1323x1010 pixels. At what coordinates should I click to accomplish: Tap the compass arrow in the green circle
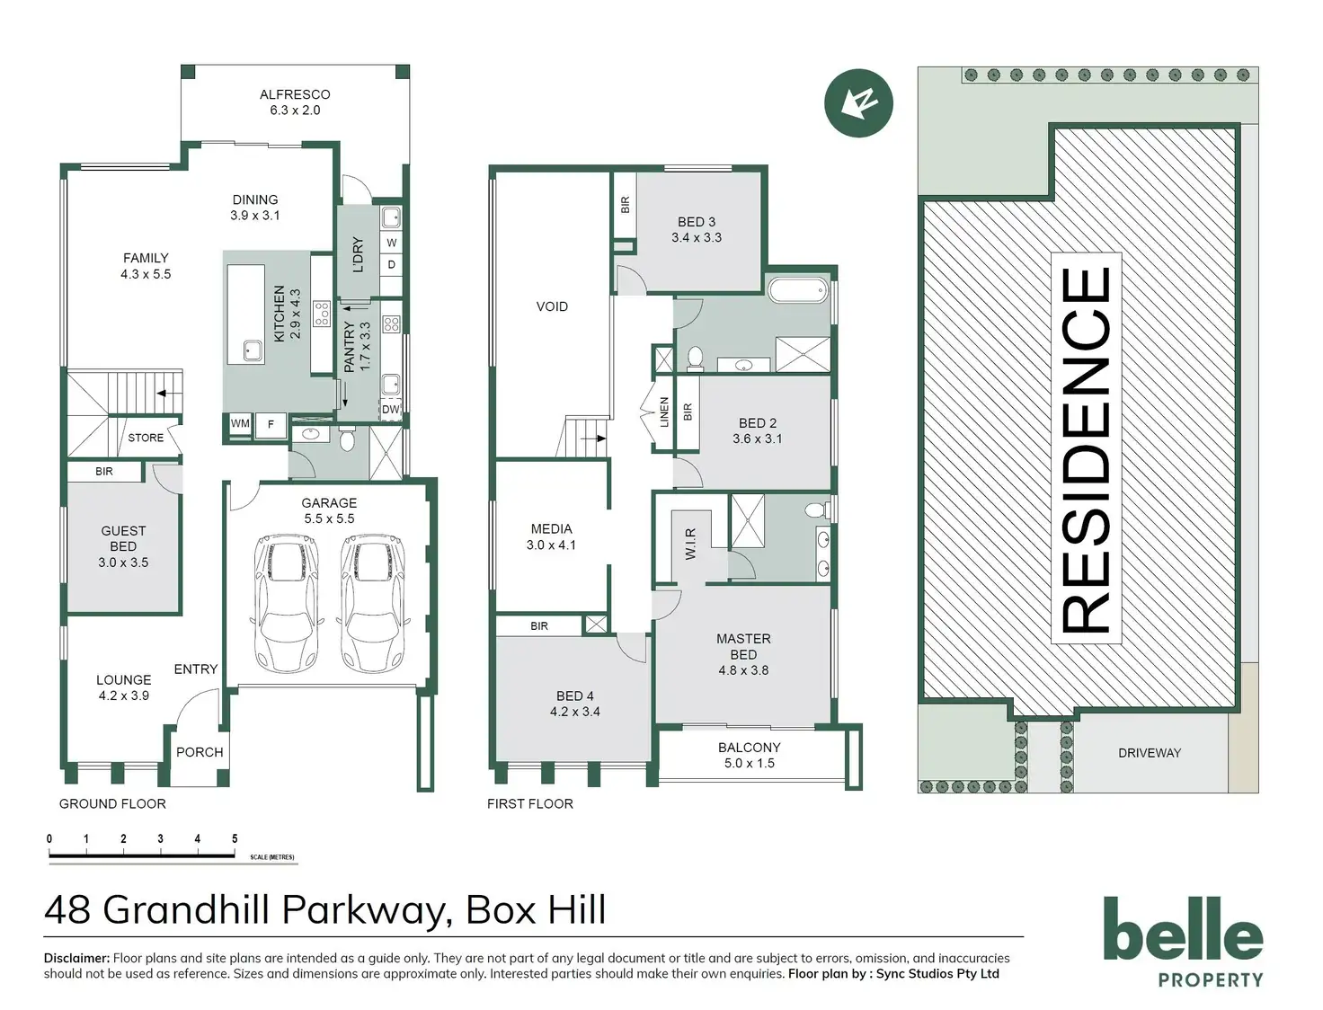click(x=858, y=102)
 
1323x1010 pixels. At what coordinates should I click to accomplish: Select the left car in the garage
click(x=286, y=603)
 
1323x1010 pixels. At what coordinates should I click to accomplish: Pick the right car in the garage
click(x=371, y=603)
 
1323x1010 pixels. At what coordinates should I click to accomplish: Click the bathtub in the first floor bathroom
click(x=798, y=289)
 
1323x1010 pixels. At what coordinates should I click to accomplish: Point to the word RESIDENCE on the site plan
click(x=1087, y=449)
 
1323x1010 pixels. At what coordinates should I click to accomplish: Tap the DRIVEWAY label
click(x=1150, y=753)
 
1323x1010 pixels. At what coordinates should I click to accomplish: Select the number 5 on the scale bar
click(x=235, y=839)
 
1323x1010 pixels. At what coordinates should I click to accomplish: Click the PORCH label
click(x=200, y=752)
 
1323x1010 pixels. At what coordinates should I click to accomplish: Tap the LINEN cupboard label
click(x=664, y=412)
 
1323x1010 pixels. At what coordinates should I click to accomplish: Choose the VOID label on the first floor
click(x=552, y=306)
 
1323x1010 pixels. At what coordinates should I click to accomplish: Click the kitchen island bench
click(x=245, y=314)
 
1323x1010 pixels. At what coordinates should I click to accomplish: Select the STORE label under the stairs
click(x=146, y=438)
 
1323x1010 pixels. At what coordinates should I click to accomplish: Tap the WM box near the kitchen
click(x=240, y=424)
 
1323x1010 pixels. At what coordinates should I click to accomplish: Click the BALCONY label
click(x=749, y=748)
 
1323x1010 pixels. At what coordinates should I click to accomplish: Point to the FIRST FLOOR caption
click(x=529, y=804)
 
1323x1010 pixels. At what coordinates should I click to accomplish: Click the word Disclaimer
click(x=76, y=959)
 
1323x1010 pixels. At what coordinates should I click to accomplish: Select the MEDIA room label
click(x=551, y=529)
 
